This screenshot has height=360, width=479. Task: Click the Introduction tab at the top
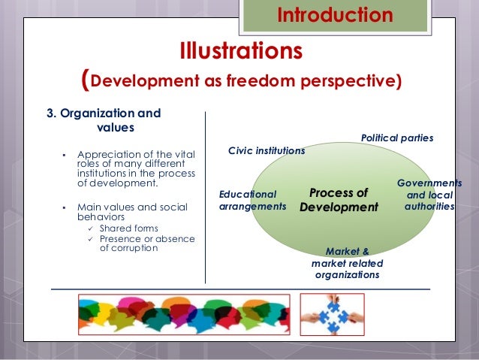[335, 15]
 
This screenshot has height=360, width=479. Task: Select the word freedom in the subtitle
[271, 80]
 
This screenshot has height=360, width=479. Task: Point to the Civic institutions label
[266, 150]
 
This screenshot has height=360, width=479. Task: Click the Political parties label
[397, 138]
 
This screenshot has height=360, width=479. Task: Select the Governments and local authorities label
[429, 194]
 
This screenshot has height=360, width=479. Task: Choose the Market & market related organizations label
[347, 263]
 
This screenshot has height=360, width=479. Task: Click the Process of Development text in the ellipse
[338, 199]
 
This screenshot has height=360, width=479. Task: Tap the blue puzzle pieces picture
[332, 313]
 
